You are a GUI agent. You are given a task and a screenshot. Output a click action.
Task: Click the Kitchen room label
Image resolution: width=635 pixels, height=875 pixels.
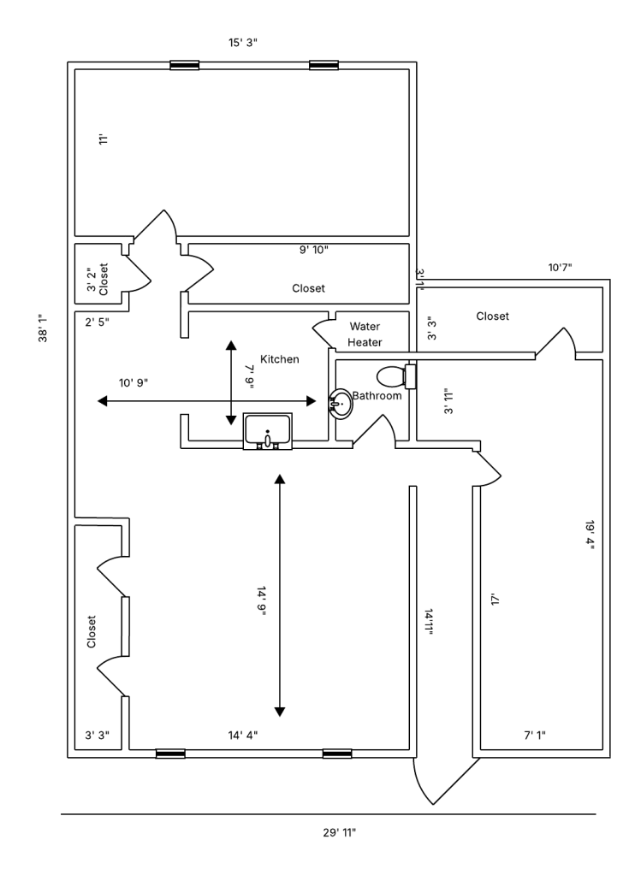tap(280, 359)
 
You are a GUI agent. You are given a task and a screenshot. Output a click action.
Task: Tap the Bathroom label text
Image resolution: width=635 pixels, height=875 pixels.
tap(377, 396)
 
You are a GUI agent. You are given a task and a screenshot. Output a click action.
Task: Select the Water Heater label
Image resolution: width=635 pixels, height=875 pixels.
tap(365, 334)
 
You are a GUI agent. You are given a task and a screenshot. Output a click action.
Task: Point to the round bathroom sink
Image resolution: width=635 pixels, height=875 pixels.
tap(341, 404)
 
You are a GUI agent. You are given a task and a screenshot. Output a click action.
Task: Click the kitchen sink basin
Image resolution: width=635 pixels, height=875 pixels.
tap(268, 430)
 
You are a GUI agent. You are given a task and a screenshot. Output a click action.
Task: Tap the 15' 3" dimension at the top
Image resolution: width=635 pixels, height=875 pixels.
tap(242, 43)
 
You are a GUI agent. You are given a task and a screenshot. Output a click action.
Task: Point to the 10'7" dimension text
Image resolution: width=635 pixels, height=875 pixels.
tap(560, 268)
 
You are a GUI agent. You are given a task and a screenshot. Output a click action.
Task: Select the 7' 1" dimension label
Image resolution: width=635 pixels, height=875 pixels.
tap(534, 735)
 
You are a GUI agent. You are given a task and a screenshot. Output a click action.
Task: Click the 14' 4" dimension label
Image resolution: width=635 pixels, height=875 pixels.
tap(241, 735)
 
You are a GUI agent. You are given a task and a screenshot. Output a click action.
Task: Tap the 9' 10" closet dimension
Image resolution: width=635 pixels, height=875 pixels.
tap(313, 250)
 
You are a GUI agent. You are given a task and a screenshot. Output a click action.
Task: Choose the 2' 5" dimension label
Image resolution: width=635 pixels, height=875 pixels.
tap(97, 322)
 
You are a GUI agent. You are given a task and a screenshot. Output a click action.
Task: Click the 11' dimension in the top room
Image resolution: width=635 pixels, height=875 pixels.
tap(102, 139)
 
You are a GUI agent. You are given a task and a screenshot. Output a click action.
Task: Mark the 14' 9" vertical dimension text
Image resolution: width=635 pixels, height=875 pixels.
tap(261, 606)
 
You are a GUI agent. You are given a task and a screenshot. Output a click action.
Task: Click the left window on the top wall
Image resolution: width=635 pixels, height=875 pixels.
tap(185, 65)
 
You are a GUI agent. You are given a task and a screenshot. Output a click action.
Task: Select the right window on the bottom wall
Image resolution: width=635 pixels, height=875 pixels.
tap(336, 754)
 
